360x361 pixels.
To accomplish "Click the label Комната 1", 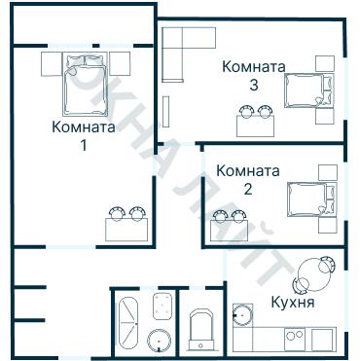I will (x=83, y=136).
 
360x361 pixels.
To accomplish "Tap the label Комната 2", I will (x=248, y=180).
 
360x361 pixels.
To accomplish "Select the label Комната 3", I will (x=253, y=76).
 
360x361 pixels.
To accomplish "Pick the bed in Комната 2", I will (x=309, y=199).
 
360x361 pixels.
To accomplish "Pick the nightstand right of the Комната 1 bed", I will (x=118, y=64).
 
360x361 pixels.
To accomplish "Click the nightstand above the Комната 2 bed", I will (x=328, y=172).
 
